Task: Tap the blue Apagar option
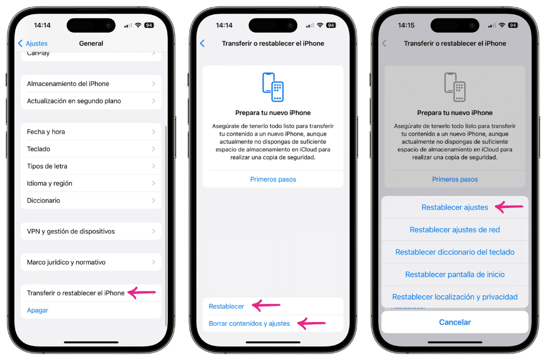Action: [38, 310]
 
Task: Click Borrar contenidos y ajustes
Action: [249, 323]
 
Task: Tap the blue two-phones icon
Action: [273, 87]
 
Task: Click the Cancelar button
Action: [454, 322]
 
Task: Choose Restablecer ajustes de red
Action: [454, 230]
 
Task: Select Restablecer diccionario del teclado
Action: [454, 252]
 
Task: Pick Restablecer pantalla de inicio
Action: [454, 274]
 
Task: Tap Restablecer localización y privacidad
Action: [454, 297]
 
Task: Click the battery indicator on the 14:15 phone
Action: [513, 25]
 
